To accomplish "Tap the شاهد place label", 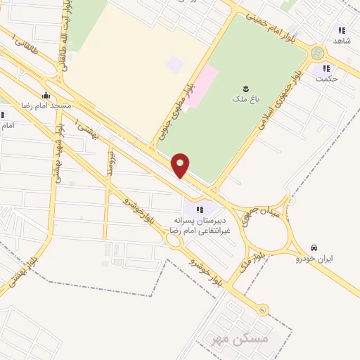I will [342, 41].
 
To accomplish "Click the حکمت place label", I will [327, 78].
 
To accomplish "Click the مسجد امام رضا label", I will [48, 105].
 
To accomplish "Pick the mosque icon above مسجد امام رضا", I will [46, 96].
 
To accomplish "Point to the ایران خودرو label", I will [318, 258].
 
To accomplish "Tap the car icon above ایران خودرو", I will [314, 248].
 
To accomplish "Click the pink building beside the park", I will [201, 86].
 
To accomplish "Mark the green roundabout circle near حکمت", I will [317, 53].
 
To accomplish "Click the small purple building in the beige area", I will [174, 65].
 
